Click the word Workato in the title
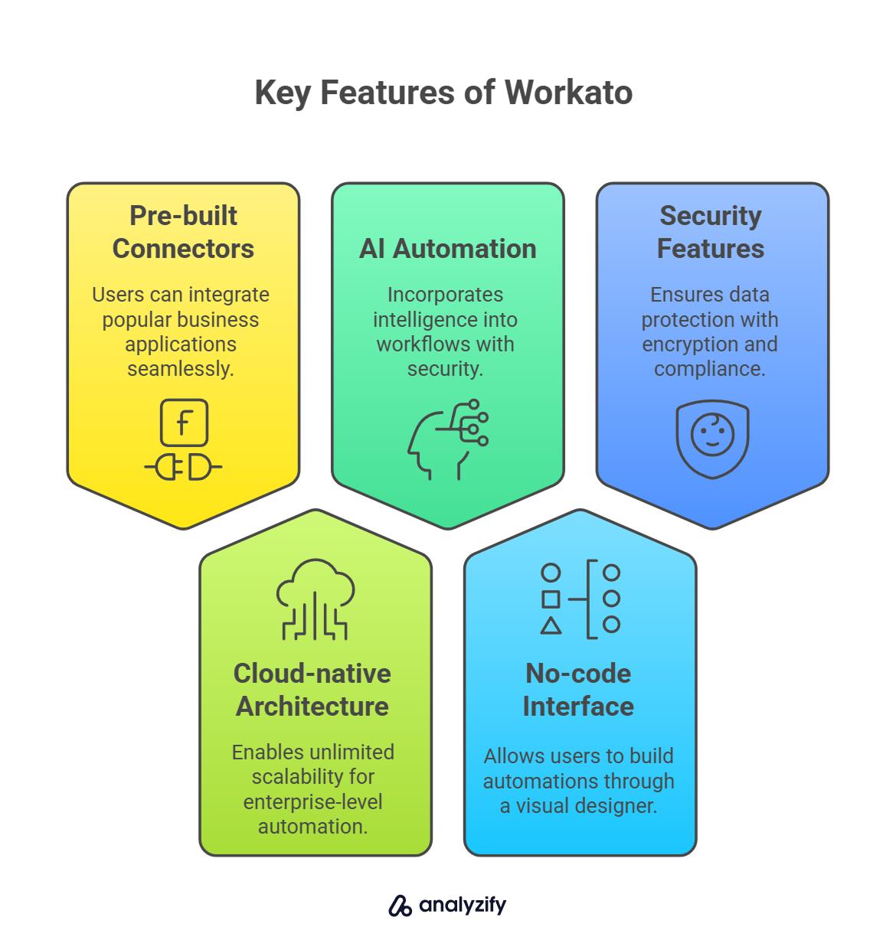coord(568,93)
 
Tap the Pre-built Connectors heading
coord(183,232)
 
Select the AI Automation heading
coord(447,249)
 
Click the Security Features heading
coord(711,232)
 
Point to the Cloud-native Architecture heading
coord(312,690)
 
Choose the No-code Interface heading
coord(578,690)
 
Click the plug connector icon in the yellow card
coord(183,467)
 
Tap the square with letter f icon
coord(184,423)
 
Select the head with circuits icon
coord(447,439)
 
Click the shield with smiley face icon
coord(712,438)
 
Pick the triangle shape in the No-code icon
coord(551,626)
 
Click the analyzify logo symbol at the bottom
coord(400,906)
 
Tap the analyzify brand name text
coord(463,906)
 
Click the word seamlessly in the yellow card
coord(181,369)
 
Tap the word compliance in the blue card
coord(708,369)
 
